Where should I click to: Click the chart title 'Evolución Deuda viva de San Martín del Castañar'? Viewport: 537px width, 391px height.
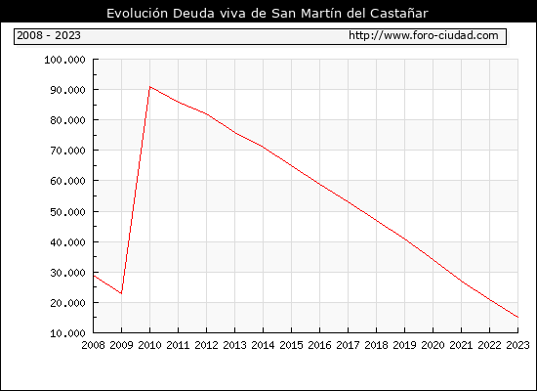point(268,14)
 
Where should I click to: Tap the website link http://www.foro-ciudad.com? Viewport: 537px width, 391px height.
point(424,35)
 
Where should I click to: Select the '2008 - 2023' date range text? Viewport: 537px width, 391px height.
point(49,35)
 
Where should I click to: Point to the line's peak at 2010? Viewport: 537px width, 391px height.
point(150,87)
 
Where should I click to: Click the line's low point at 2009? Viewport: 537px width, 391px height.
point(121,293)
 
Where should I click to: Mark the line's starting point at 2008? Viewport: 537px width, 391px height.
point(94,276)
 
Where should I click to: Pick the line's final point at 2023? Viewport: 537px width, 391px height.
point(517,318)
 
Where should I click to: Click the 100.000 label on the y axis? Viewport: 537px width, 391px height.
point(64,60)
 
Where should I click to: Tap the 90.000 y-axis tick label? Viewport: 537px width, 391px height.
point(67,90)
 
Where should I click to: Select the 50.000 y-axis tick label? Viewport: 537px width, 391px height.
point(67,212)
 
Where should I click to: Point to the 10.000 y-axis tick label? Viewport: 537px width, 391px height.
point(67,333)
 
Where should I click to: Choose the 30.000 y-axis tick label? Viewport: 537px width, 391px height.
point(67,273)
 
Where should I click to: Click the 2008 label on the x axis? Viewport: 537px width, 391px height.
point(93,345)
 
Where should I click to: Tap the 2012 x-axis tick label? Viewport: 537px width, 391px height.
point(207,345)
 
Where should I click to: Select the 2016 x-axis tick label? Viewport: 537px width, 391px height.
point(319,345)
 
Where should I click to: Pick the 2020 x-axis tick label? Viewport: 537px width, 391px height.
point(433,345)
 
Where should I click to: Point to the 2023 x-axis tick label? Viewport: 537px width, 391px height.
point(517,345)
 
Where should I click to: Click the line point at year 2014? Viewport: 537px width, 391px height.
point(263,147)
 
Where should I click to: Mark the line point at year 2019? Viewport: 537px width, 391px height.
point(405,239)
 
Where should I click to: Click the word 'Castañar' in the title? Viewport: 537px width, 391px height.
point(399,14)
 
